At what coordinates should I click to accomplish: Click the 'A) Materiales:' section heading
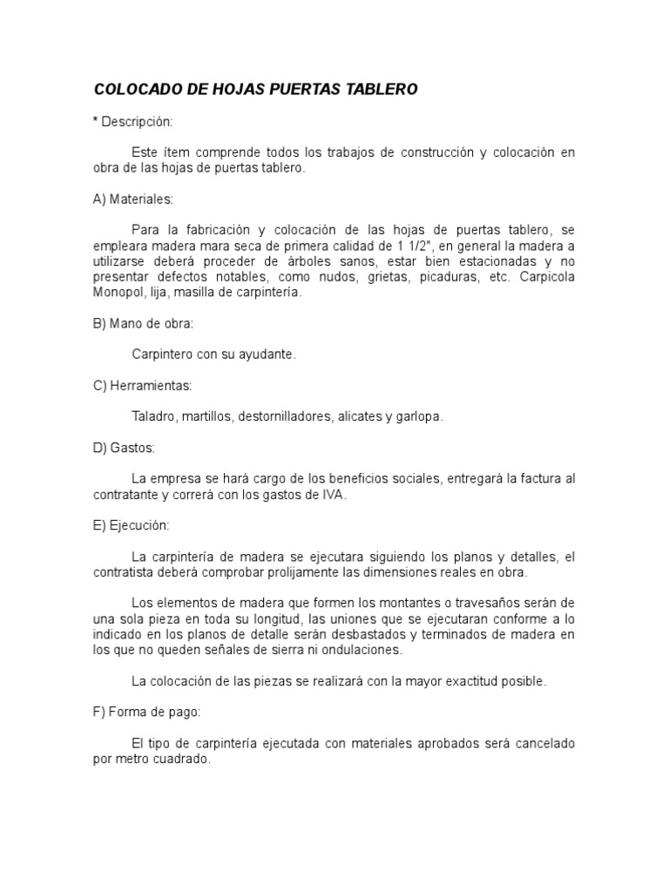coord(133,199)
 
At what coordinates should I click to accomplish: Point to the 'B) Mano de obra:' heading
coord(143,323)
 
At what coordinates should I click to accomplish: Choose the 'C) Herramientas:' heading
coord(143,385)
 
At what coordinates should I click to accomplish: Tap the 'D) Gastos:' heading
coord(124,448)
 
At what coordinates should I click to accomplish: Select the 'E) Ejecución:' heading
coord(132,525)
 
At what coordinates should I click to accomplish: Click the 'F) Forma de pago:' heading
coord(147,712)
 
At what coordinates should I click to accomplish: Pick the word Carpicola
coord(548,277)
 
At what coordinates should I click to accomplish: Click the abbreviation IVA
coord(334,494)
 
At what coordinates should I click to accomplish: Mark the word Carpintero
coord(162,355)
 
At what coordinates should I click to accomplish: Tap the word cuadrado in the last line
coord(183,759)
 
